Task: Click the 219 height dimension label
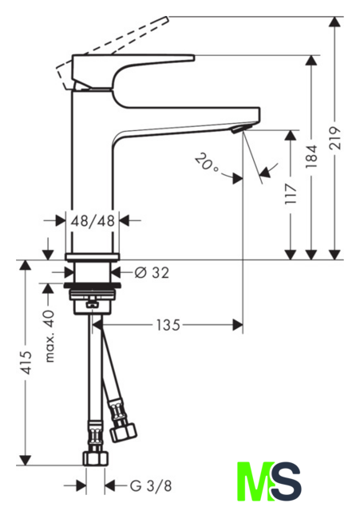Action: click(x=334, y=138)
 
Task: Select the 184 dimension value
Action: click(x=311, y=156)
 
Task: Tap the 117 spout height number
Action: click(x=291, y=194)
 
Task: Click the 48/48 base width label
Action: click(x=93, y=220)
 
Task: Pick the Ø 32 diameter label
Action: click(x=152, y=272)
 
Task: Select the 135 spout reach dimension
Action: click(x=168, y=325)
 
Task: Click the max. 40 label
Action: click(x=49, y=337)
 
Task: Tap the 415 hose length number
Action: click(x=26, y=362)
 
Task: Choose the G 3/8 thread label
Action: click(x=151, y=486)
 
